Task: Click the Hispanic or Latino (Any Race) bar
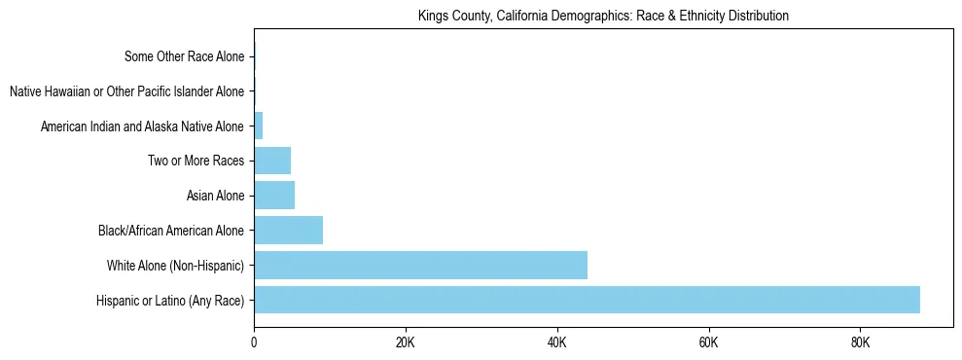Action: pos(587,300)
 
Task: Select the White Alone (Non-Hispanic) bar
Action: pos(420,265)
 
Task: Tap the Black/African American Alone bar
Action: pos(288,231)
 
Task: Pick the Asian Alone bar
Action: pos(274,196)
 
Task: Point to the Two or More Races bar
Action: pos(272,161)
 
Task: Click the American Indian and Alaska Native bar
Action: pos(259,126)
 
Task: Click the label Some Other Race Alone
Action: pos(185,57)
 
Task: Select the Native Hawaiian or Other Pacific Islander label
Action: pos(126,91)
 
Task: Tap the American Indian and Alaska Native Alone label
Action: pos(142,126)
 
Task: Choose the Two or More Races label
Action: pos(196,161)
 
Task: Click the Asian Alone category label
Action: pos(215,196)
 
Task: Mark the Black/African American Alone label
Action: pos(171,231)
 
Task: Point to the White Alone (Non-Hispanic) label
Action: pos(175,265)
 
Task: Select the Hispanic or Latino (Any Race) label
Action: pos(170,300)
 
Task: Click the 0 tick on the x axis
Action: pos(254,342)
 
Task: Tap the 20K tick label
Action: pos(406,342)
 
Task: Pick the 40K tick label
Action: pos(557,342)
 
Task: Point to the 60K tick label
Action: pos(708,342)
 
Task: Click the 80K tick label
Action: pos(860,342)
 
